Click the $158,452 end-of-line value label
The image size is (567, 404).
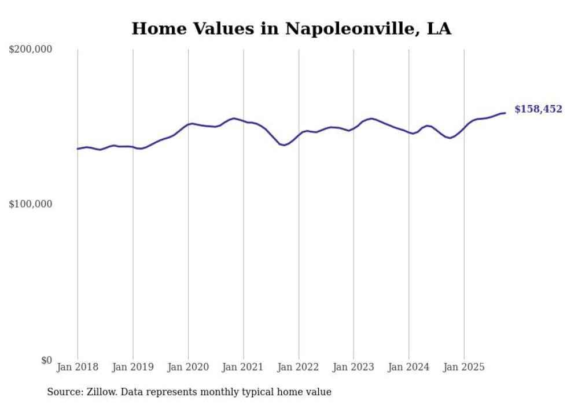(537, 109)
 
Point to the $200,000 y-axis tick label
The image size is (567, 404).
(31, 50)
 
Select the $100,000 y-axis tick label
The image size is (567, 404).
(31, 205)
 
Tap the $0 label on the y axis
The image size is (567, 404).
(46, 360)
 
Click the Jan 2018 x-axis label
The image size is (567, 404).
(78, 367)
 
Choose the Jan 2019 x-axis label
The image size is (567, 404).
(132, 367)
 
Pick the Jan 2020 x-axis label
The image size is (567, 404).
(188, 367)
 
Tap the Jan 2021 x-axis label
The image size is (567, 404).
(243, 367)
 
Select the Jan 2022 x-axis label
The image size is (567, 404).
(299, 367)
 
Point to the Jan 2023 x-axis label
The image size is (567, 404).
(354, 367)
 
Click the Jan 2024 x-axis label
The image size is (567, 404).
(409, 367)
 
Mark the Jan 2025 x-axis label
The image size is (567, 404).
(464, 367)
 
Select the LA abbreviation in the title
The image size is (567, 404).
(439, 28)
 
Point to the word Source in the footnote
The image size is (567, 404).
(64, 392)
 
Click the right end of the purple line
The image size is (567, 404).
(505, 113)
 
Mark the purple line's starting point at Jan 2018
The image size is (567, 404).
(78, 149)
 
